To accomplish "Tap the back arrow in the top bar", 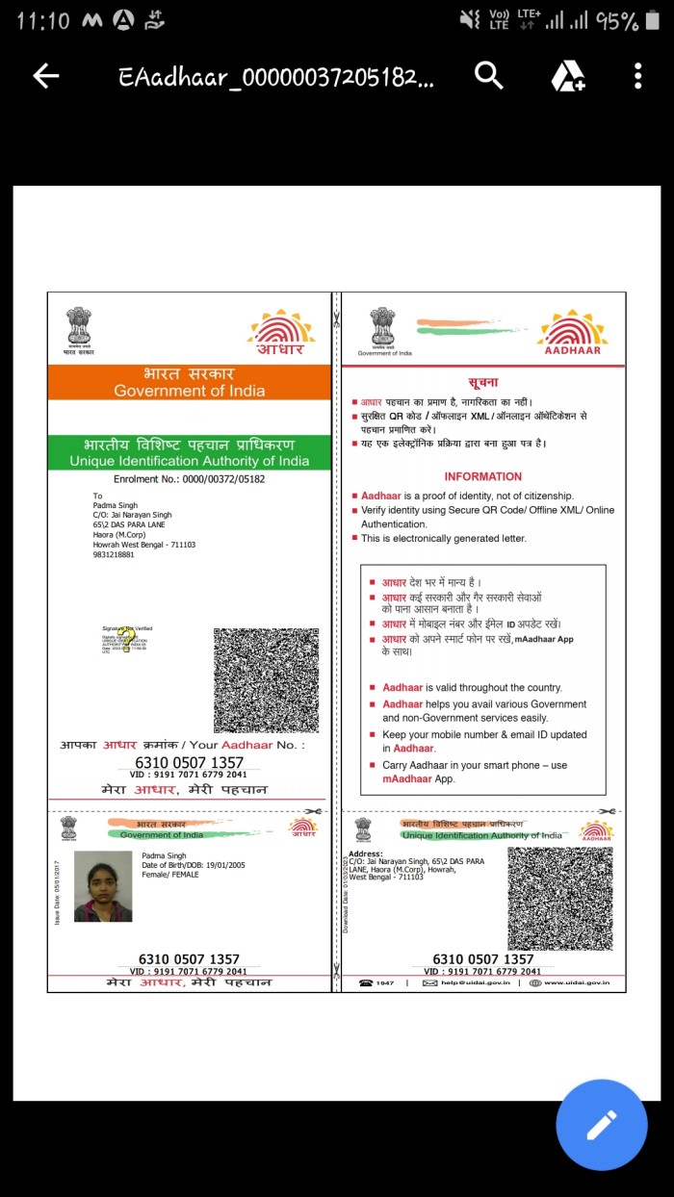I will click(46, 77).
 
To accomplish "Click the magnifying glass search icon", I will click(489, 76).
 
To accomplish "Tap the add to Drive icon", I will click(568, 76).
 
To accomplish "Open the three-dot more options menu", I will click(637, 76).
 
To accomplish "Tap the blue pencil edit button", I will click(602, 1125).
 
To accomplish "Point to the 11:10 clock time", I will click(43, 20).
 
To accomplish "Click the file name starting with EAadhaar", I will click(275, 77).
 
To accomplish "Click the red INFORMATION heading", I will click(482, 476).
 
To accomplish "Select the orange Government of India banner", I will click(190, 382).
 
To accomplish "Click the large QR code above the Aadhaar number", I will click(266, 680).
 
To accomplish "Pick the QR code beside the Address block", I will click(559, 898).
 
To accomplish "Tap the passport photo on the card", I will click(102, 886).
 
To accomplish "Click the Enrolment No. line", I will click(189, 478).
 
